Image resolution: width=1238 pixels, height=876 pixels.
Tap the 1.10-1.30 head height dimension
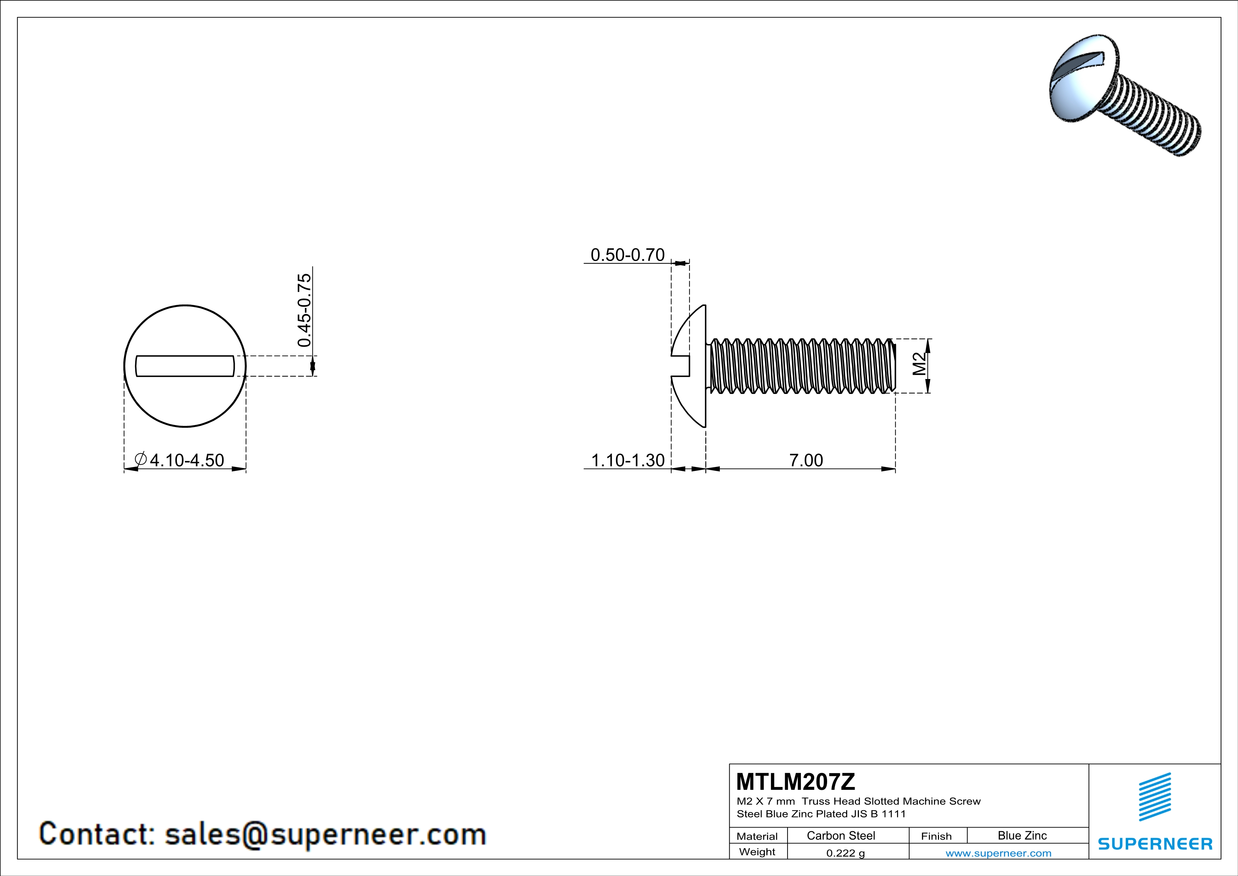pyautogui.click(x=628, y=461)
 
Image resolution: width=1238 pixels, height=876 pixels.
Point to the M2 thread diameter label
pyautogui.click(x=919, y=364)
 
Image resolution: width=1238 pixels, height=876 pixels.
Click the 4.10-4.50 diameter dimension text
pyautogui.click(x=186, y=461)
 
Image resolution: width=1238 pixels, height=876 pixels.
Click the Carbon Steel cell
pyautogui.click(x=841, y=835)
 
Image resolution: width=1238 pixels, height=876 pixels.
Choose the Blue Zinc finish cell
pyautogui.click(x=1022, y=835)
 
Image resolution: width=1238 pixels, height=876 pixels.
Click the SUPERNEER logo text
pyautogui.click(x=1155, y=844)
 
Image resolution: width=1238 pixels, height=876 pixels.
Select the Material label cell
pyautogui.click(x=757, y=836)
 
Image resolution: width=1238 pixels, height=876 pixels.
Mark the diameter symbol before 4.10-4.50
pyautogui.click(x=140, y=460)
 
